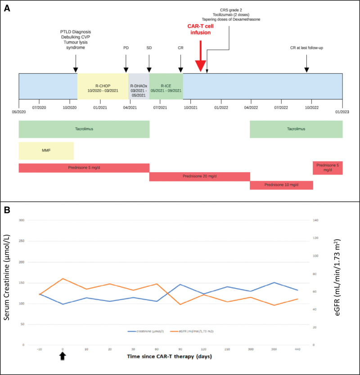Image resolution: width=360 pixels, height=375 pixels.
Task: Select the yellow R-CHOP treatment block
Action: click(x=103, y=86)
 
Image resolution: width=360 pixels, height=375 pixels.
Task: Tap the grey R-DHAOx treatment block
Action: click(x=138, y=86)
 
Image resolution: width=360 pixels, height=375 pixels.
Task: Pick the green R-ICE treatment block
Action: click(x=166, y=86)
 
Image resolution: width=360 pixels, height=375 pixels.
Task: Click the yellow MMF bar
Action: click(x=46, y=151)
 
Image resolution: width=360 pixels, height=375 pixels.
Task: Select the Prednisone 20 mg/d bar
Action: click(x=199, y=176)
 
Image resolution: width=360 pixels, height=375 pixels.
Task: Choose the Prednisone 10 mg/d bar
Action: click(x=281, y=185)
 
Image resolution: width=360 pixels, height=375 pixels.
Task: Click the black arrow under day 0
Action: click(x=63, y=357)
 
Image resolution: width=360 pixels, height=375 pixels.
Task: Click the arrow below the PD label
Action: click(x=126, y=63)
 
